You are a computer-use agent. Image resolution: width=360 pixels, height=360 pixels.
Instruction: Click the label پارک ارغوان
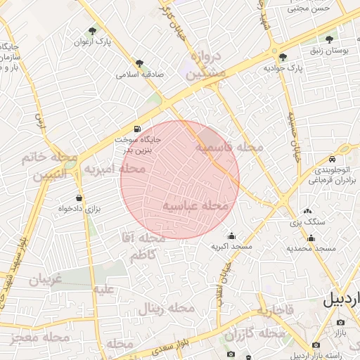click(92, 42)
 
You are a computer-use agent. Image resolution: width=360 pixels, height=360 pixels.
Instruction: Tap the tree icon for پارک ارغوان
click(92, 31)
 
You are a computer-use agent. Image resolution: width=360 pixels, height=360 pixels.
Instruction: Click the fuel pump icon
click(136, 129)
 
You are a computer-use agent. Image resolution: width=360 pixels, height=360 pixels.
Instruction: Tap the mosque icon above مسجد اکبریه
click(232, 236)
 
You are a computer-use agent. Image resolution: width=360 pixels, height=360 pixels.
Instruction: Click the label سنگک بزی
click(308, 222)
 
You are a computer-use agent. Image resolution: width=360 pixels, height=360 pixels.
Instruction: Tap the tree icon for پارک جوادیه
click(283, 58)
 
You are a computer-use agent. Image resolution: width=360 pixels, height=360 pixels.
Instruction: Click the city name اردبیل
click(341, 300)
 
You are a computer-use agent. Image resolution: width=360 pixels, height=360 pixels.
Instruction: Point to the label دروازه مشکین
click(207, 64)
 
